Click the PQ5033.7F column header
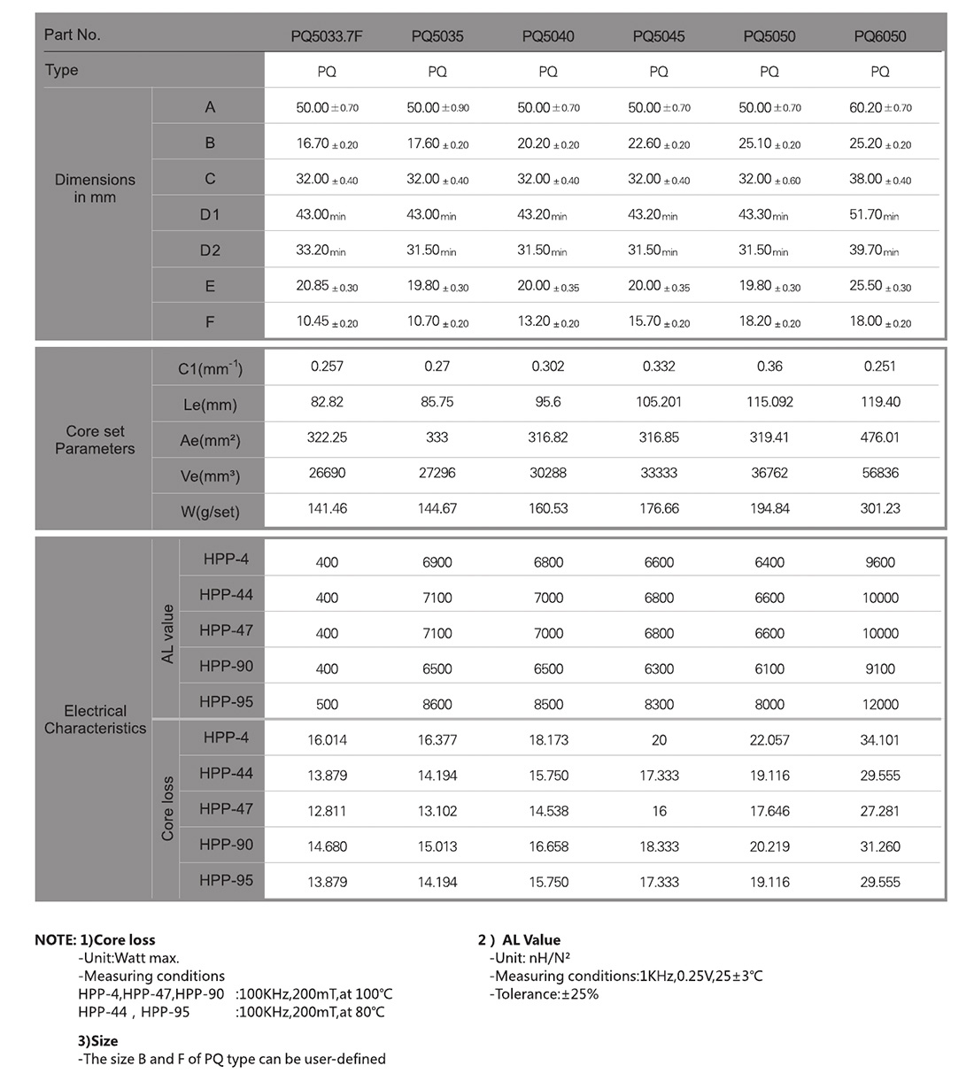pos(327,36)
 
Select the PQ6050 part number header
pos(879,36)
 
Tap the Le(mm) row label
pos(210,405)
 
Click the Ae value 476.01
pos(879,437)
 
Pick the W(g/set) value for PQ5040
pos(547,508)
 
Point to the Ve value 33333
pos(659,473)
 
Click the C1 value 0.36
pos(769,366)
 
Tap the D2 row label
pos(210,251)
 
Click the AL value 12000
pos(879,705)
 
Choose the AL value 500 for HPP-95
pos(327,705)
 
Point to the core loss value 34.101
pos(879,740)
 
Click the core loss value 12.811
pos(327,811)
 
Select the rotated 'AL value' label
pos(167,634)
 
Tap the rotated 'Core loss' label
pos(167,809)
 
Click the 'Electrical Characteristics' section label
pos(95,720)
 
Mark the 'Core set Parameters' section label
pos(95,440)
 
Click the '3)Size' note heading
pos(97,1041)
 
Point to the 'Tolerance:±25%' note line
pos(544,994)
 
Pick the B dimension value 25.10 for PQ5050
pos(769,143)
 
